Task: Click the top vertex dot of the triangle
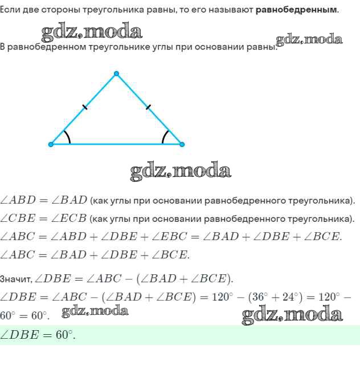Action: click(x=116, y=74)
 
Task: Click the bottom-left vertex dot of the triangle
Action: click(x=51, y=144)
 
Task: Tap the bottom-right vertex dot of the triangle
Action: click(x=182, y=144)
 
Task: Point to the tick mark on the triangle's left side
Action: click(x=85, y=107)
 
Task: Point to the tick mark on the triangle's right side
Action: click(x=148, y=107)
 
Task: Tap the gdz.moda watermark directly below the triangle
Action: click(x=180, y=171)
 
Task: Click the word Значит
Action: click(x=15, y=279)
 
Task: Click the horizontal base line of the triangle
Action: click(x=116, y=144)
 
